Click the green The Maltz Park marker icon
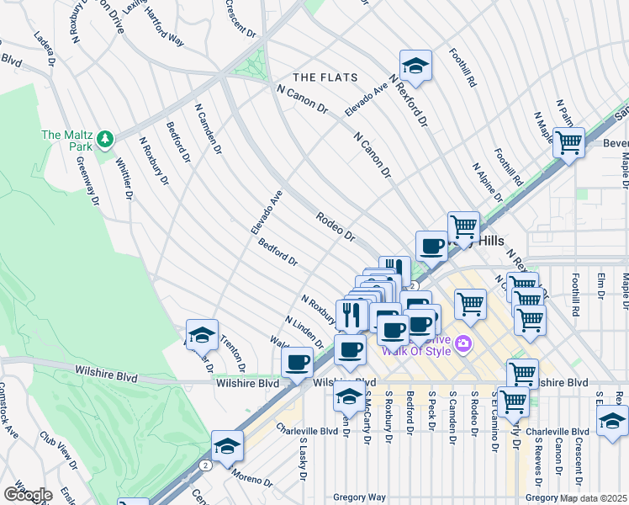[105, 137]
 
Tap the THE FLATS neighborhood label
[325, 77]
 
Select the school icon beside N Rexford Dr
[414, 66]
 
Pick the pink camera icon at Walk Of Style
[462, 343]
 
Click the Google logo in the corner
[28, 494]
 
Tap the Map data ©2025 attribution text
[593, 498]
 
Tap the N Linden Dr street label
[304, 333]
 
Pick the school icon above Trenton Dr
[202, 335]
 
